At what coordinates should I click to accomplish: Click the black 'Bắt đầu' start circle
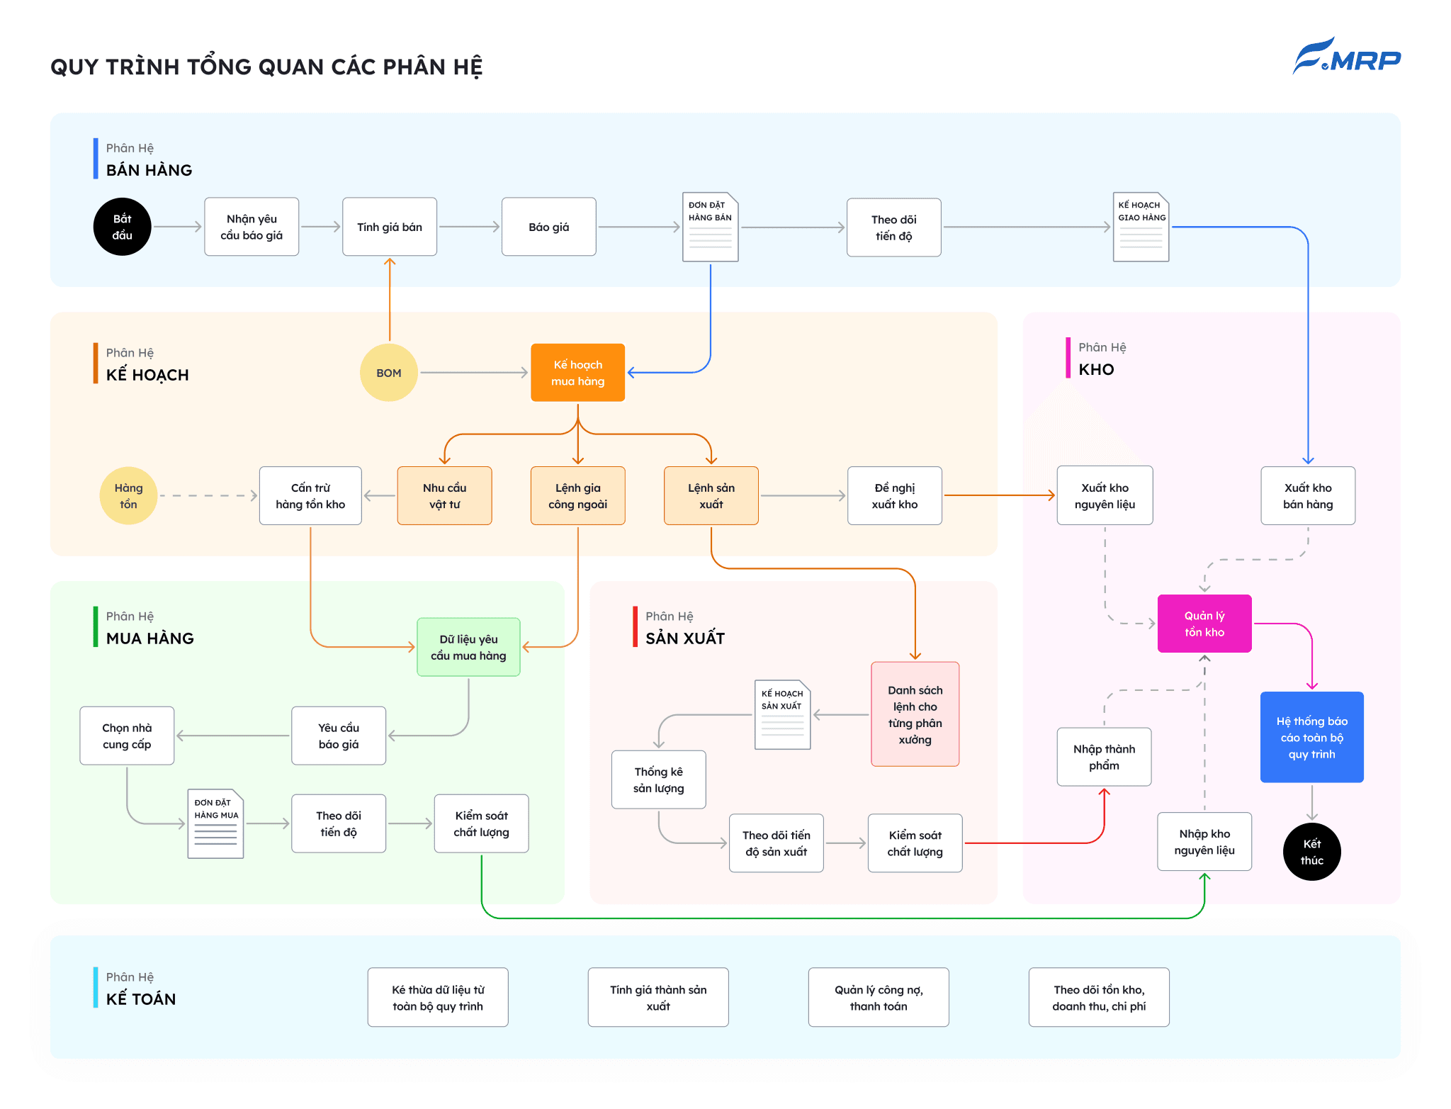pos(123,227)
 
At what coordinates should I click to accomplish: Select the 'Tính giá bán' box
pos(390,227)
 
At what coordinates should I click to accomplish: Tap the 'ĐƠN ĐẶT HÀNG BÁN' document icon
pos(711,227)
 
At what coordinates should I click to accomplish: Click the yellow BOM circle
pos(389,373)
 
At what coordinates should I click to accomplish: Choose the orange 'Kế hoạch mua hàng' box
pos(578,373)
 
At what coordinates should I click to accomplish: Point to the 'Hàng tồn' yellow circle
pos(128,496)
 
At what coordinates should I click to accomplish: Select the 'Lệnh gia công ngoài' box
pos(578,496)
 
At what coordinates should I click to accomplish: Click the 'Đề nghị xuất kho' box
pos(895,496)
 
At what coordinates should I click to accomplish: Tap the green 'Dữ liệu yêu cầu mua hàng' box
pos(468,647)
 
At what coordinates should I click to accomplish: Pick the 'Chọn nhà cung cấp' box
pos(127,736)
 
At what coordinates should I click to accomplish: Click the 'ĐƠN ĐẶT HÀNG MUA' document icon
pos(216,824)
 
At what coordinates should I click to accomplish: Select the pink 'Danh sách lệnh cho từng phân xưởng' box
pos(915,714)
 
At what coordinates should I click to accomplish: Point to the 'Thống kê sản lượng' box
pos(659,779)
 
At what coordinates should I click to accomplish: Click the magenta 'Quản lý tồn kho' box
pos(1204,624)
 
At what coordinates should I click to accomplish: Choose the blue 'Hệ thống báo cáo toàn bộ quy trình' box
pos(1312,737)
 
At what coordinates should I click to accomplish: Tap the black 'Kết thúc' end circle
pos(1312,852)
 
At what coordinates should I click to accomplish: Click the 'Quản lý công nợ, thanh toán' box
pos(879,998)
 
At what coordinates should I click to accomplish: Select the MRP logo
pos(1347,57)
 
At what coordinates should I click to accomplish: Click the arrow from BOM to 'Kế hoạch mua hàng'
pos(474,373)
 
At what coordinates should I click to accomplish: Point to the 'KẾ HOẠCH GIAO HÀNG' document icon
pos(1141,227)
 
